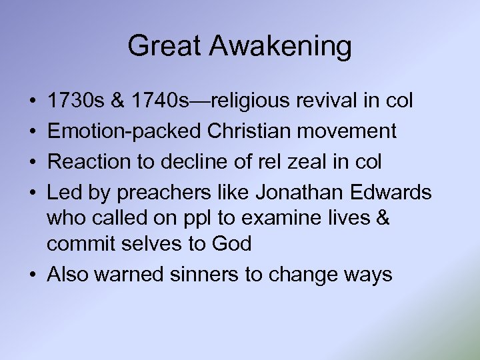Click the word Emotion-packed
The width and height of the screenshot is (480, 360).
point(124,131)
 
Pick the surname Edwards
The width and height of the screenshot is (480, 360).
point(393,193)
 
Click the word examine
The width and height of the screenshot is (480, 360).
point(291,218)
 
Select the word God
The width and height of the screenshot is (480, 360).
point(231,243)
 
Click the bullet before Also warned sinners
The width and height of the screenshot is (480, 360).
point(33,274)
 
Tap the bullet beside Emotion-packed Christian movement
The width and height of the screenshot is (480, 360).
point(33,131)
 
